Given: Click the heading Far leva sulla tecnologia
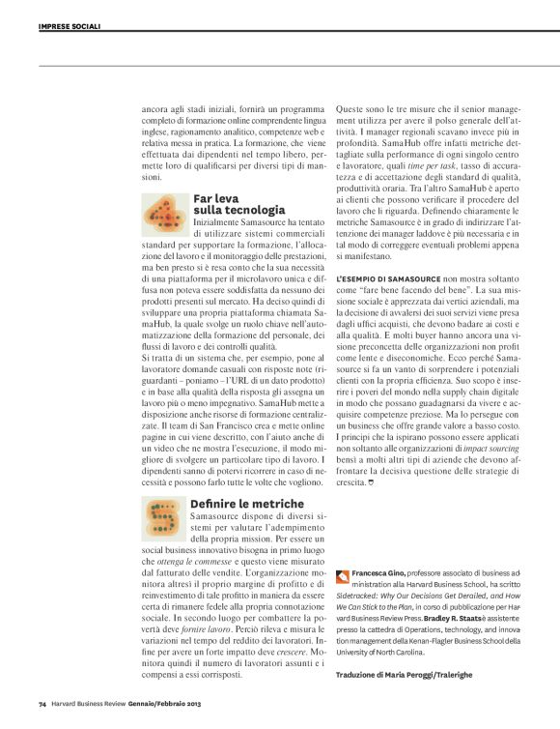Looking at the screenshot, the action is tap(238, 203).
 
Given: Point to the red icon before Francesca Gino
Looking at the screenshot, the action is tap(344, 574).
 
